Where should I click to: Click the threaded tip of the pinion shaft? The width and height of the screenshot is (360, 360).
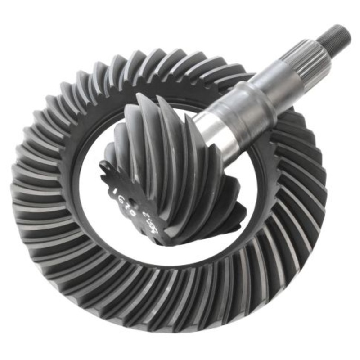coord(336,36)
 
